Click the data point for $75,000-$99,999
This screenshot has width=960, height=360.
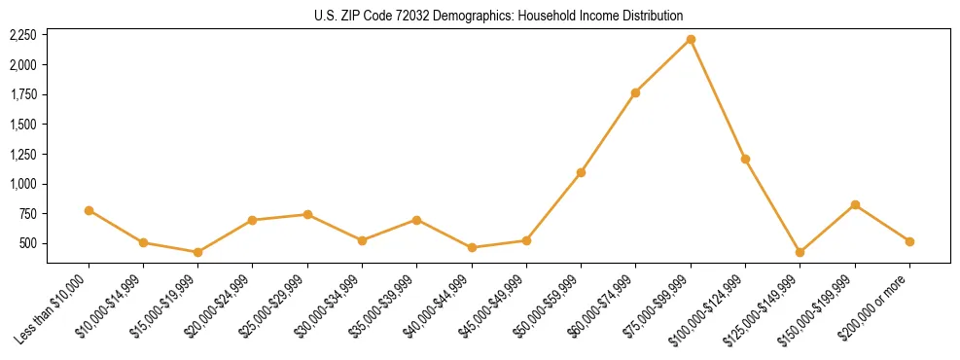coord(691,39)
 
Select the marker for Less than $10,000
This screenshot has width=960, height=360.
coord(89,210)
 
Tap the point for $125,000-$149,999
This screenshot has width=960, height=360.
coord(800,252)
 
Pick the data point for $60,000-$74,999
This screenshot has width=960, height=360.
coord(635,92)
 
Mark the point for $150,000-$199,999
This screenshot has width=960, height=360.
coord(855,204)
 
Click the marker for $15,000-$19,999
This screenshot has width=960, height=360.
coord(197,252)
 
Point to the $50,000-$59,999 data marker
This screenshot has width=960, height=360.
coord(581,172)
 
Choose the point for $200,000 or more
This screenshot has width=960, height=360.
coord(909,241)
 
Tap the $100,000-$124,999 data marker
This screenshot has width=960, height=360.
coord(745,159)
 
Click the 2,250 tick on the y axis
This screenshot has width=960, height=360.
coord(22,35)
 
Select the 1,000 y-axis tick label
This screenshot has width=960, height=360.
coord(22,184)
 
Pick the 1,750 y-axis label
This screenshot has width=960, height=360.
coord(22,94)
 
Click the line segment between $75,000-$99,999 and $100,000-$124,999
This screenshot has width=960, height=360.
coord(718,99)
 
